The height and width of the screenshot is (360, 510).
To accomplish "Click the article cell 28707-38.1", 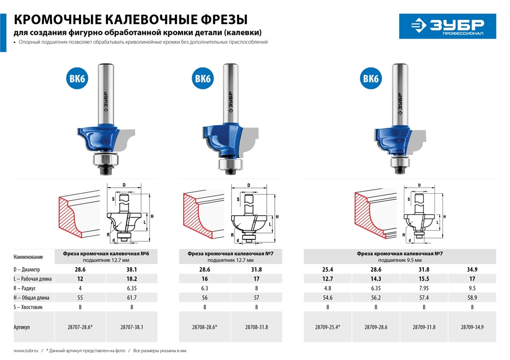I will click(132, 327).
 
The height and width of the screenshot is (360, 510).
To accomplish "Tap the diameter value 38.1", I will click(132, 269).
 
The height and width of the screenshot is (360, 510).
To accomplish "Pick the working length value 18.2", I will click(132, 279).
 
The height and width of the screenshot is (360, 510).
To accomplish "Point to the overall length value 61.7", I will click(132, 298).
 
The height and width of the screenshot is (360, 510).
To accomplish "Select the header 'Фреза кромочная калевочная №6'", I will click(106, 253).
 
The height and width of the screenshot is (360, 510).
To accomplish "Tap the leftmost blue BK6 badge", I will click(76, 79).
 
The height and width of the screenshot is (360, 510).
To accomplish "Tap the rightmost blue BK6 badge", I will click(371, 79).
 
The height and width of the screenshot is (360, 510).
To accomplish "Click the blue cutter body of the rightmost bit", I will click(398, 138).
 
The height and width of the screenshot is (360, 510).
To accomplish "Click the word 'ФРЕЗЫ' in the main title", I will click(220, 19).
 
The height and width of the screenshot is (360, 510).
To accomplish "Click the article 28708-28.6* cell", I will click(207, 327).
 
